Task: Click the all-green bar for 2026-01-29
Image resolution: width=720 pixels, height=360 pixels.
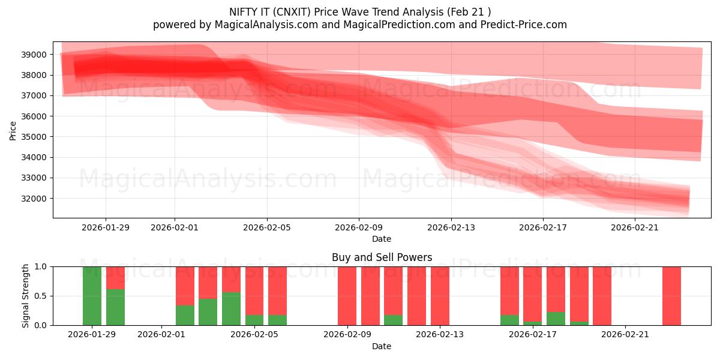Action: click(92, 295)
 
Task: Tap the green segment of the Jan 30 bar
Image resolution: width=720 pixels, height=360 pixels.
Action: click(115, 307)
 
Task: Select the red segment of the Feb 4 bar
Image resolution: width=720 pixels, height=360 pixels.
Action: click(231, 279)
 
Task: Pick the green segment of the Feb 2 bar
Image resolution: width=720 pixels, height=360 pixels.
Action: click(185, 315)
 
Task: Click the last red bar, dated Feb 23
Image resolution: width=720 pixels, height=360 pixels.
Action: click(671, 295)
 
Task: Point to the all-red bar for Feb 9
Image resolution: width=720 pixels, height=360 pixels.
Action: click(347, 295)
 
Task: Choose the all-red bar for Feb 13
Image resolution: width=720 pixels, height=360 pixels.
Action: click(440, 295)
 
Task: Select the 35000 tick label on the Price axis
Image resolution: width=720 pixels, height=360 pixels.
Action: click(34, 137)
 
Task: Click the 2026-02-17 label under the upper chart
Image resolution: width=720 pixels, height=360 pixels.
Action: click(542, 227)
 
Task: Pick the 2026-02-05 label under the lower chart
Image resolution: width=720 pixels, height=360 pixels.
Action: click(254, 335)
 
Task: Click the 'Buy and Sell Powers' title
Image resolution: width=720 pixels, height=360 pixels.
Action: click(382, 257)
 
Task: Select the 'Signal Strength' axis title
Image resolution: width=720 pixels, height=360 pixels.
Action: click(26, 295)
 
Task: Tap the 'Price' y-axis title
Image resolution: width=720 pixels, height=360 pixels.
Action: click(13, 130)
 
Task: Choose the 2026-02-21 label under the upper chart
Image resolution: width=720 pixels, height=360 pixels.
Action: click(635, 227)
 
